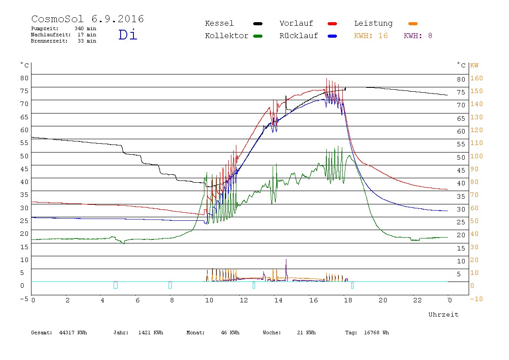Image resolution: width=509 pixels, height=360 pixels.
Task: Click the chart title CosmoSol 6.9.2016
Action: click(88, 19)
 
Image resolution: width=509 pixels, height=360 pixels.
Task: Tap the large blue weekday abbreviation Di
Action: click(128, 35)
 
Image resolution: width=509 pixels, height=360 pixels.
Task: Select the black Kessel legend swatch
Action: click(258, 23)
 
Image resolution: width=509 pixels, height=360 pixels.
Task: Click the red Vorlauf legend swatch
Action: click(333, 23)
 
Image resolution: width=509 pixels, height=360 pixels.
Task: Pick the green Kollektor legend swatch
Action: click(258, 36)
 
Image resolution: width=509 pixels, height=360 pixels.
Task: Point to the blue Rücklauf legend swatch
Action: click(333, 36)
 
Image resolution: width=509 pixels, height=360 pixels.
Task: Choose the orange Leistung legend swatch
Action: click(413, 23)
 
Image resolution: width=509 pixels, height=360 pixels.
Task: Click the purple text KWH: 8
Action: click(418, 36)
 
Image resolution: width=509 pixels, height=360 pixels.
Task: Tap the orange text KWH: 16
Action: click(371, 36)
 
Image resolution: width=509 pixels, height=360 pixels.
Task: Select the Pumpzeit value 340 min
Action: click(86, 28)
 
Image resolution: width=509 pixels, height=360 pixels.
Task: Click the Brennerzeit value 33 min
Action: click(87, 41)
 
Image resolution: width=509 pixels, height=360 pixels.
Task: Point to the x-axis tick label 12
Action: click(244, 300)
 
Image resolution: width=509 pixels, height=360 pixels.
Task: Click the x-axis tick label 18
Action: click(348, 300)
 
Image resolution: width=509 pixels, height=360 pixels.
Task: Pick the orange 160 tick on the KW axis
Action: click(477, 78)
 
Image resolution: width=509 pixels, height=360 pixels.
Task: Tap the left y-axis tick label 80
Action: click(24, 78)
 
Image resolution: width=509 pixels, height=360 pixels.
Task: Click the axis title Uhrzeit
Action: click(443, 314)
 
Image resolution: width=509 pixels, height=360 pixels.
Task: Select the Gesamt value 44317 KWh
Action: click(73, 333)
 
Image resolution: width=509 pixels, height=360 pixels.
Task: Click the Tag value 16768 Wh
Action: click(376, 333)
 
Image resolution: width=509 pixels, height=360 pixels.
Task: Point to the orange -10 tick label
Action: click(476, 299)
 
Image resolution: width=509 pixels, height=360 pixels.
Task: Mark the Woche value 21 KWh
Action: click(306, 333)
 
